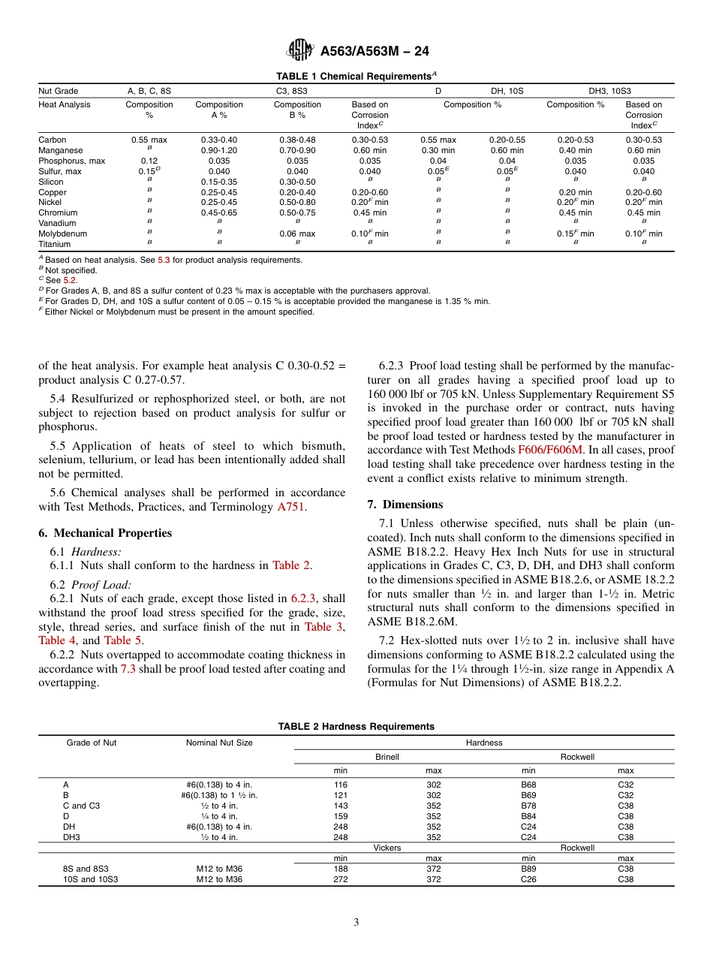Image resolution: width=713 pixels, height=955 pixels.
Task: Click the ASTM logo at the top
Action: pos(300,51)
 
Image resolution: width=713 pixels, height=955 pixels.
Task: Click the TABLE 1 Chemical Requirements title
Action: pos(356,77)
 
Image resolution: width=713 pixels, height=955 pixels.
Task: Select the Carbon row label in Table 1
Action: pos(53,140)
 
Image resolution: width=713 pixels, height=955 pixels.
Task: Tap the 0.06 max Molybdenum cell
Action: pos(297,234)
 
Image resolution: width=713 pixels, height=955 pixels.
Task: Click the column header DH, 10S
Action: pos(507,91)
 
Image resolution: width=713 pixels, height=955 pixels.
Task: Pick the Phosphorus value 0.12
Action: pos(149,161)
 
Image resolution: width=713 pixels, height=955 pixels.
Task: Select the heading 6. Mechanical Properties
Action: pos(105,533)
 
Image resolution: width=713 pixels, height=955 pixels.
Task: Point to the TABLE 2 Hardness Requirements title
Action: pos(356,727)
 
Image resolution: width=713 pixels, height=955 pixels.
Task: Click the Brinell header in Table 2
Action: pos(387,757)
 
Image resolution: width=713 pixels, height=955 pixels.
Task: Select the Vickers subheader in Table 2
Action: pos(387,848)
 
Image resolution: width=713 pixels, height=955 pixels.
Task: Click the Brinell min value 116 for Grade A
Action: pos(341,785)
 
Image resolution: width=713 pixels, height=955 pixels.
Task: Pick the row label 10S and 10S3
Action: pos(90,879)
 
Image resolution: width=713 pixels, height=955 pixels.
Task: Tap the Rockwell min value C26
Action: pos(528,879)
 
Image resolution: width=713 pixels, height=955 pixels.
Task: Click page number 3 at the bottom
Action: pos(356,923)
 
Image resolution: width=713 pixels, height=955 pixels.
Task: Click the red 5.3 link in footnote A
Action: pos(164,260)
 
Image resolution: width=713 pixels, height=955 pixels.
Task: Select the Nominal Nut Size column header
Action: pos(219,743)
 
